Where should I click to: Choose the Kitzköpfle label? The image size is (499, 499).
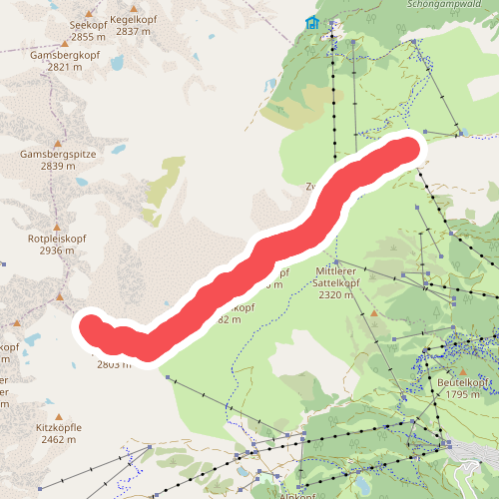coord(59,427)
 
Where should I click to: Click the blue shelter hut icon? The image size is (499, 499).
coord(312,23)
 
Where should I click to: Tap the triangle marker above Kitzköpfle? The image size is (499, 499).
coord(59,416)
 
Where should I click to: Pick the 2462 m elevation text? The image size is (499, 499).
coord(59,439)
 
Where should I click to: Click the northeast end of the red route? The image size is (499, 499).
coord(404,152)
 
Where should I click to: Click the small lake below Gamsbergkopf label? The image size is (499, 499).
coord(118,63)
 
